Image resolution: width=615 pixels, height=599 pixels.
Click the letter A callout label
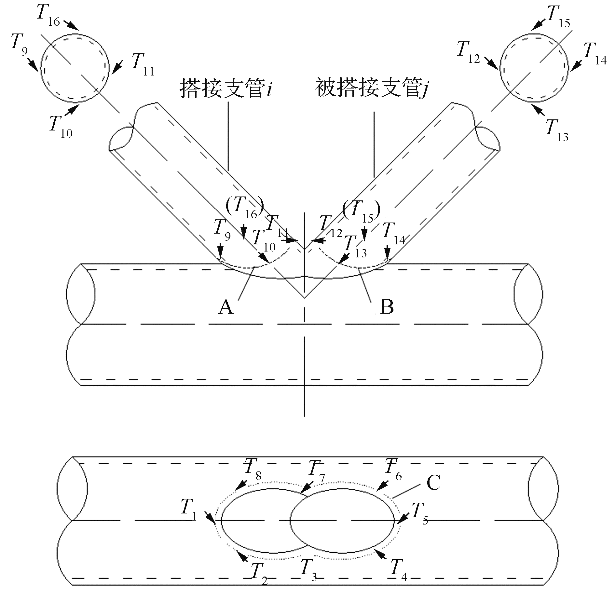click(226, 307)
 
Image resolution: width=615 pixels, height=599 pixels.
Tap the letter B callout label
click(387, 307)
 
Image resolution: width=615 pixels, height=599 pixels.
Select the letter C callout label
click(433, 483)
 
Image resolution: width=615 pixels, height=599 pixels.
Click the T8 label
click(253, 468)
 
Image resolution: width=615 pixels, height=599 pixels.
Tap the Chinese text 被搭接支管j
click(371, 88)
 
